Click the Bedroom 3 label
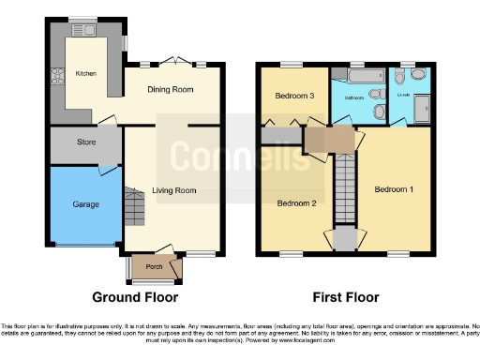pyautogui.click(x=295, y=96)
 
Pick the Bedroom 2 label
pyautogui.click(x=294, y=202)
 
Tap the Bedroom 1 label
pyautogui.click(x=394, y=188)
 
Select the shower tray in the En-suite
pyautogui.click(x=422, y=109)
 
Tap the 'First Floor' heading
pyautogui.click(x=346, y=297)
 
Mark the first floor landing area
pyautogui.click(x=330, y=140)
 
